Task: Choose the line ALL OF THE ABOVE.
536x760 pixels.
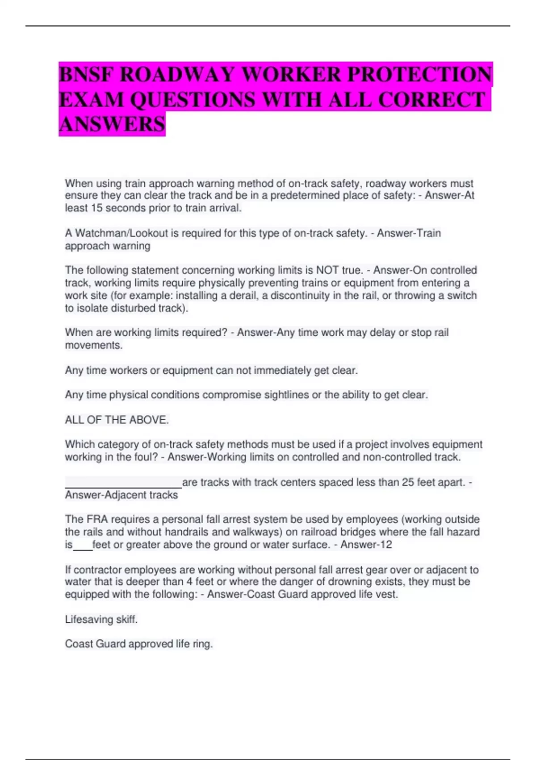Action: [117, 420]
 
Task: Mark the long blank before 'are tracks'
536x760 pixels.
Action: [123, 483]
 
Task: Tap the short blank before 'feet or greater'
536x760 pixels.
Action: [83, 545]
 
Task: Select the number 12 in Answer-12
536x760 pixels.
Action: [386, 545]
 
